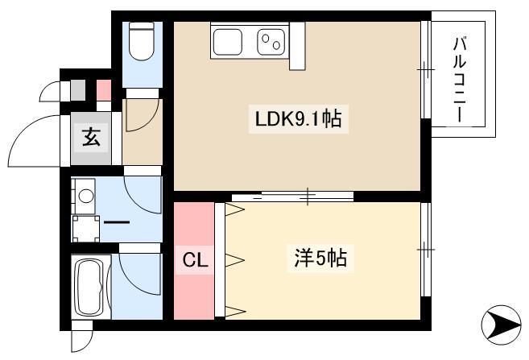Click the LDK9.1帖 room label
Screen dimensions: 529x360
pyautogui.click(x=298, y=118)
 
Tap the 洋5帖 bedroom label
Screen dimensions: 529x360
pyautogui.click(x=320, y=259)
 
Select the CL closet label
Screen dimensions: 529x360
pyautogui.click(x=195, y=260)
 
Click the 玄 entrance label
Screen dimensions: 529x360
pyautogui.click(x=91, y=137)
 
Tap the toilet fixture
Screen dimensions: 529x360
pyautogui.click(x=142, y=41)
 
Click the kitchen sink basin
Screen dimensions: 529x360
pyautogui.click(x=228, y=42)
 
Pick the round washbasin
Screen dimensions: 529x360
pyautogui.click(x=85, y=196)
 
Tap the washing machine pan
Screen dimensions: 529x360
pyautogui.click(x=85, y=229)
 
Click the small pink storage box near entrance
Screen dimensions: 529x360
pyautogui.click(x=104, y=90)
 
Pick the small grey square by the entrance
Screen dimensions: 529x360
pyautogui.click(x=77, y=90)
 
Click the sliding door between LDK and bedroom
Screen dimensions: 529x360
pyautogui.click(x=292, y=196)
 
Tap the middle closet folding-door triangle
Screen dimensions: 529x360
pyautogui.click(x=234, y=260)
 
